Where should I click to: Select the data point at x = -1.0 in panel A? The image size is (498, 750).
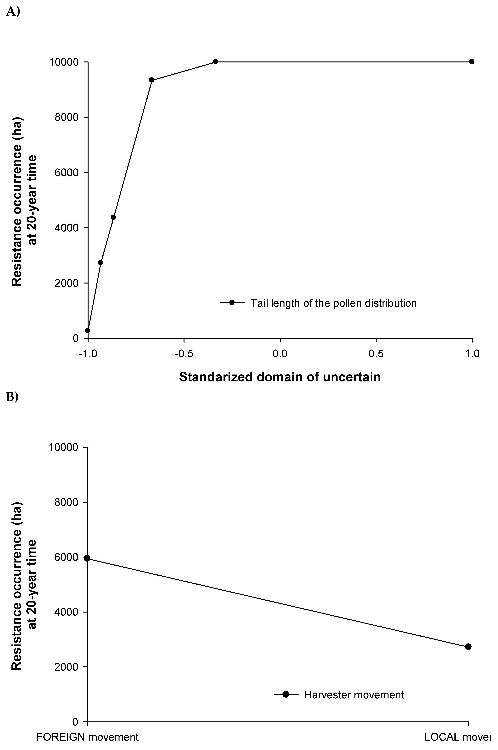(88, 330)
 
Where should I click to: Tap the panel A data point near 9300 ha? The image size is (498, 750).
(151, 80)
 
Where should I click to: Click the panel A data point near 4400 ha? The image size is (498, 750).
(113, 217)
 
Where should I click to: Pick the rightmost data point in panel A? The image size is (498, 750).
(472, 61)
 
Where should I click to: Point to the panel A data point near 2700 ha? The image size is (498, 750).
(100, 263)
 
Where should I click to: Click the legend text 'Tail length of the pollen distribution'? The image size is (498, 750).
(334, 303)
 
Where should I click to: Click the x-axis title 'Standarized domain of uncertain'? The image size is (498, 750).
(280, 377)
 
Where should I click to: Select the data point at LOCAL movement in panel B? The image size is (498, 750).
(468, 647)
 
